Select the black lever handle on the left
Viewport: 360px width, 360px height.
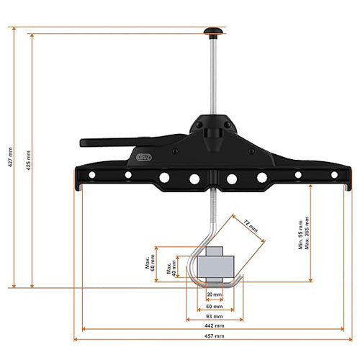115,143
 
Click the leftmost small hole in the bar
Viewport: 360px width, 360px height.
92,174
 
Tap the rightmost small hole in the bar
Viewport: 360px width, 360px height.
333,174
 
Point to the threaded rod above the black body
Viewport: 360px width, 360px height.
214,79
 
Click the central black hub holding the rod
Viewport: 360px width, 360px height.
213,133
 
